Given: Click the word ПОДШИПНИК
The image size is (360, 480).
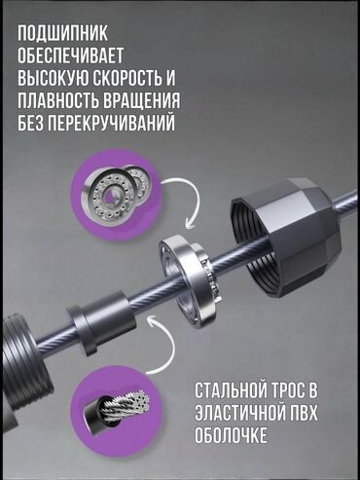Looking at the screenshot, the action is (x=62, y=33).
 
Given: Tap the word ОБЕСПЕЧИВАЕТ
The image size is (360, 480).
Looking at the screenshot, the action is (x=71, y=55).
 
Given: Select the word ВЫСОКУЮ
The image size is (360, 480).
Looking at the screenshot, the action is (x=53, y=78).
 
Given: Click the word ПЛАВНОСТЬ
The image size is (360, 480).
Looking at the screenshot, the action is (x=55, y=100).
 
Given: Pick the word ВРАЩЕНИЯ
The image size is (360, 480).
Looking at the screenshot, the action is (x=139, y=100).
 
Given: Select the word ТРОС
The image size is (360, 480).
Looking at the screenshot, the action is (x=285, y=390).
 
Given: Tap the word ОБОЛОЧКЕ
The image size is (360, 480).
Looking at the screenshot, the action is (x=231, y=435).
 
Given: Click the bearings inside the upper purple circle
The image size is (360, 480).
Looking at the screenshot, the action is (x=116, y=192).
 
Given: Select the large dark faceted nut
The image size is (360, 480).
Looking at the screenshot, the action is (x=285, y=232).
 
